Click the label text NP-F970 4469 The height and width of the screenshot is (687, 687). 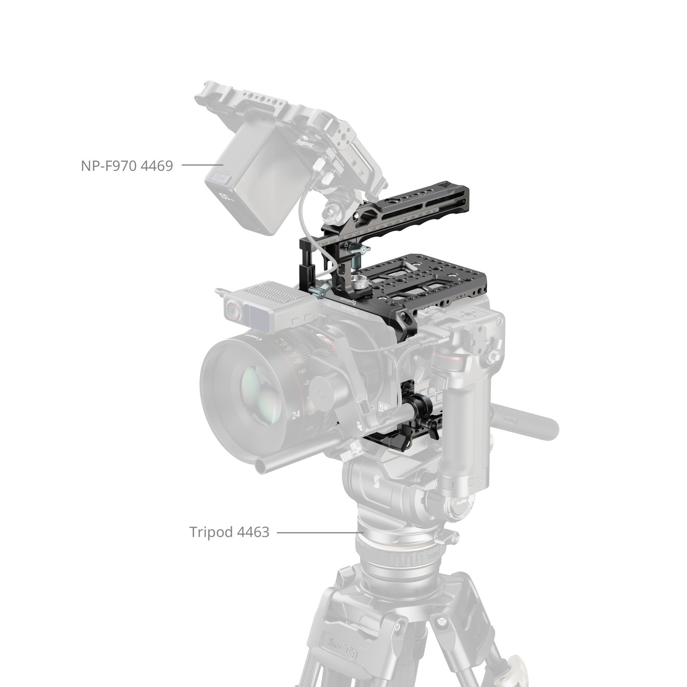click(127, 165)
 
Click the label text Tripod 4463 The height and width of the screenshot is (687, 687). click(229, 532)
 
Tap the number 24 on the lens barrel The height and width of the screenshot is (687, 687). click(295, 415)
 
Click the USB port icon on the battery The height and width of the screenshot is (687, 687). click(221, 177)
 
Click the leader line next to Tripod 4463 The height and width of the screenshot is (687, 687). click(320, 533)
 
